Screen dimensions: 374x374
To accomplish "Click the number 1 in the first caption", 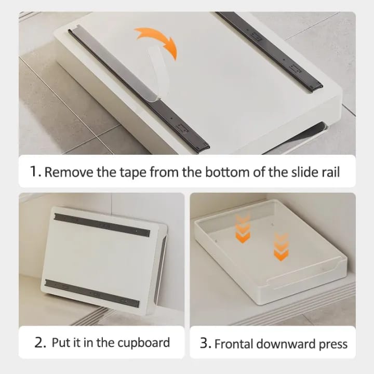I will click(35, 172).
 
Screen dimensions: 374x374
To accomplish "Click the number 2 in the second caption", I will click(39, 343).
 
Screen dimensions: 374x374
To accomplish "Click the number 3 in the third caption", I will click(205, 343).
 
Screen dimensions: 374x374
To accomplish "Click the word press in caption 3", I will click(332, 343).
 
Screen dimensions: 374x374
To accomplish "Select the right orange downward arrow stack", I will click(281, 246).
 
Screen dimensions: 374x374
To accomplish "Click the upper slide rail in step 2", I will click(102, 224).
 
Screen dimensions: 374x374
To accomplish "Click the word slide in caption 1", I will click(301, 172).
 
